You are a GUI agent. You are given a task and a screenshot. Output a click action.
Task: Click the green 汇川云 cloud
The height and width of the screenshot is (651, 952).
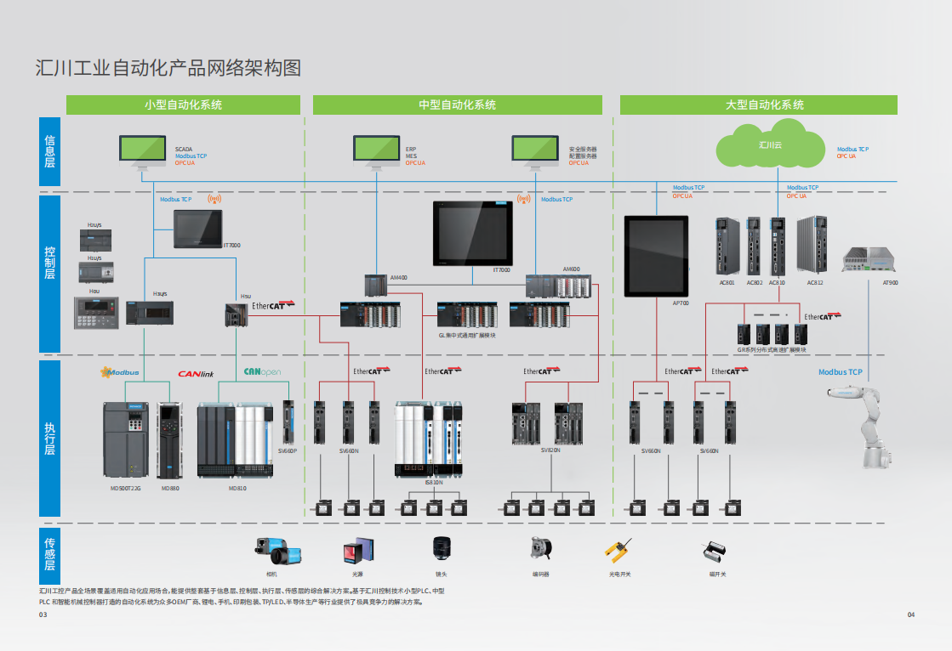tap(770, 146)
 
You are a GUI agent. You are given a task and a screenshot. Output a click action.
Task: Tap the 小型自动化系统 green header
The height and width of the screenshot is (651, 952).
tap(183, 105)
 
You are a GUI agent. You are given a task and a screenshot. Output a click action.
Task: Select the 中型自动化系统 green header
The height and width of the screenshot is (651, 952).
tap(457, 105)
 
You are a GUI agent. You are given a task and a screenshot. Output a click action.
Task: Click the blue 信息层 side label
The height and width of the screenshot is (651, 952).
tap(49, 151)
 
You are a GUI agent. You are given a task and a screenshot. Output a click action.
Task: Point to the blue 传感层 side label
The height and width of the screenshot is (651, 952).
tap(49, 552)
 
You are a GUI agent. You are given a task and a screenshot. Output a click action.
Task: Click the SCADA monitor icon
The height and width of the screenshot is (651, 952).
tap(142, 151)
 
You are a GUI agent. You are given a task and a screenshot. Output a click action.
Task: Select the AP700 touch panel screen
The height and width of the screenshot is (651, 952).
tap(656, 253)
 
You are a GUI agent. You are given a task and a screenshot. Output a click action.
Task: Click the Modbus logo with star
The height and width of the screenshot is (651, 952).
tap(119, 372)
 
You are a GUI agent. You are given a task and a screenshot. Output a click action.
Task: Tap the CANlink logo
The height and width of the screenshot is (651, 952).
tap(195, 373)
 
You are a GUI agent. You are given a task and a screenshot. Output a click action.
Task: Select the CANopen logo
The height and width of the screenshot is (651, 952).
tap(262, 372)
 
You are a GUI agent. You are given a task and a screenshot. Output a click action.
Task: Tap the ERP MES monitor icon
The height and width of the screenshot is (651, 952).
tap(376, 151)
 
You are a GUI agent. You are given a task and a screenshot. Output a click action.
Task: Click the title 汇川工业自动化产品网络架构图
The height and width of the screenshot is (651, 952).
tap(168, 67)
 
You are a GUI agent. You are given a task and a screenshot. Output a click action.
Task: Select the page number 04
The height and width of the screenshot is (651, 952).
tap(911, 614)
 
